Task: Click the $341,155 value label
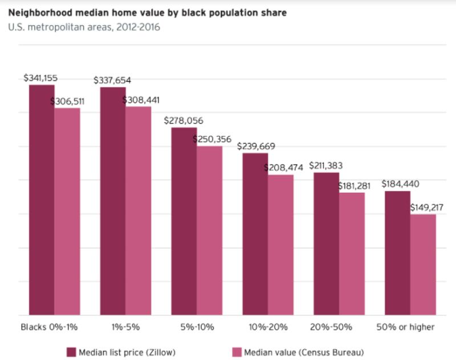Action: click(40, 78)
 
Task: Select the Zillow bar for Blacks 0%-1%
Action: click(42, 200)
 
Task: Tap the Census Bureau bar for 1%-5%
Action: click(138, 211)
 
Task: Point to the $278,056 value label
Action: click(183, 121)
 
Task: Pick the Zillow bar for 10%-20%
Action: click(255, 234)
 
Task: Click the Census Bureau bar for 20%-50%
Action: click(352, 253)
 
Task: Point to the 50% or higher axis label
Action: click(406, 327)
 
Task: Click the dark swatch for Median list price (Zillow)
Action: click(71, 351)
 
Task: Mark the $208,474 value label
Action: click(283, 168)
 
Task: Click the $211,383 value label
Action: click(326, 165)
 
